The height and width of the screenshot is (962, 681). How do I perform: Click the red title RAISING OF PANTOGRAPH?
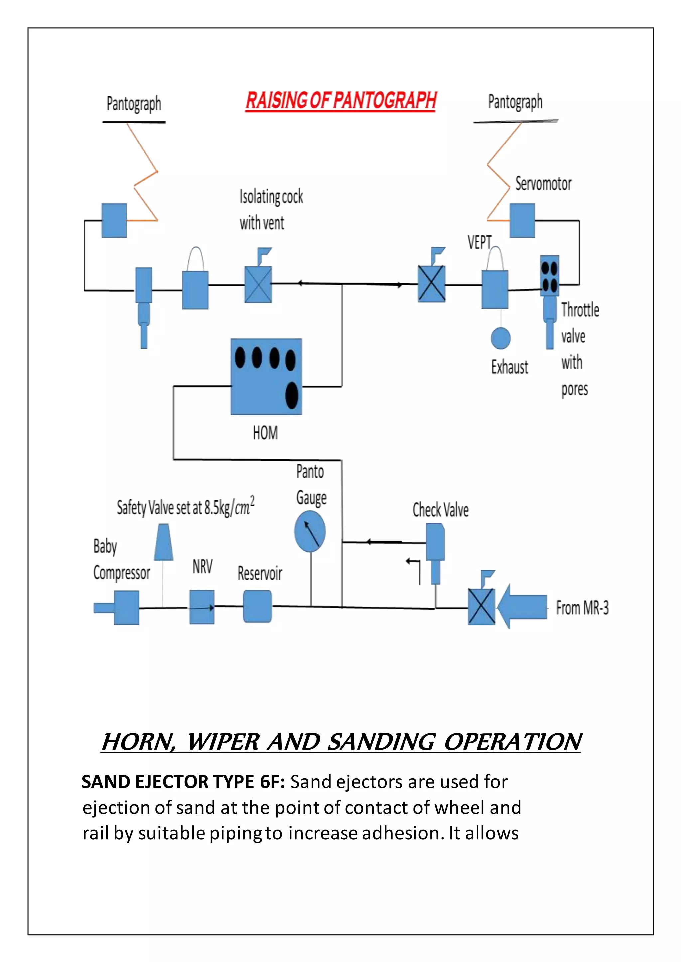340,101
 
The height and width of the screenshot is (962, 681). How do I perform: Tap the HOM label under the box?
265,433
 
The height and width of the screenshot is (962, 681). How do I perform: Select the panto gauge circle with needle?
310,532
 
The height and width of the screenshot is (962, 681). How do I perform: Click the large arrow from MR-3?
522,606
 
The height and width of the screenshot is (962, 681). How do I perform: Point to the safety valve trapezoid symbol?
164,542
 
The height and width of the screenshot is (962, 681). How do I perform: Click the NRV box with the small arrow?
202,607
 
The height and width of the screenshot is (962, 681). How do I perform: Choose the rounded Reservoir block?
257,606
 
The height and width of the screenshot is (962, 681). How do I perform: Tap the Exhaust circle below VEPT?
501,338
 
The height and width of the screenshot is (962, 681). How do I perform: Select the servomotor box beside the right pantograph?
522,220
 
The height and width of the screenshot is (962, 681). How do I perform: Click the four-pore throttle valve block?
549,276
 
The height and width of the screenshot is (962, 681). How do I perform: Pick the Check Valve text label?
440,510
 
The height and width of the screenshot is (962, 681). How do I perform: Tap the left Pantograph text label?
134,104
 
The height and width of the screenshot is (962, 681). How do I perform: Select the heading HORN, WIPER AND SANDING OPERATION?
340,742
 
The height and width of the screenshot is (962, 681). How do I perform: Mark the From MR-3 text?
582,608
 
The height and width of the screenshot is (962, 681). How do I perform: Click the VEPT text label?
479,242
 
